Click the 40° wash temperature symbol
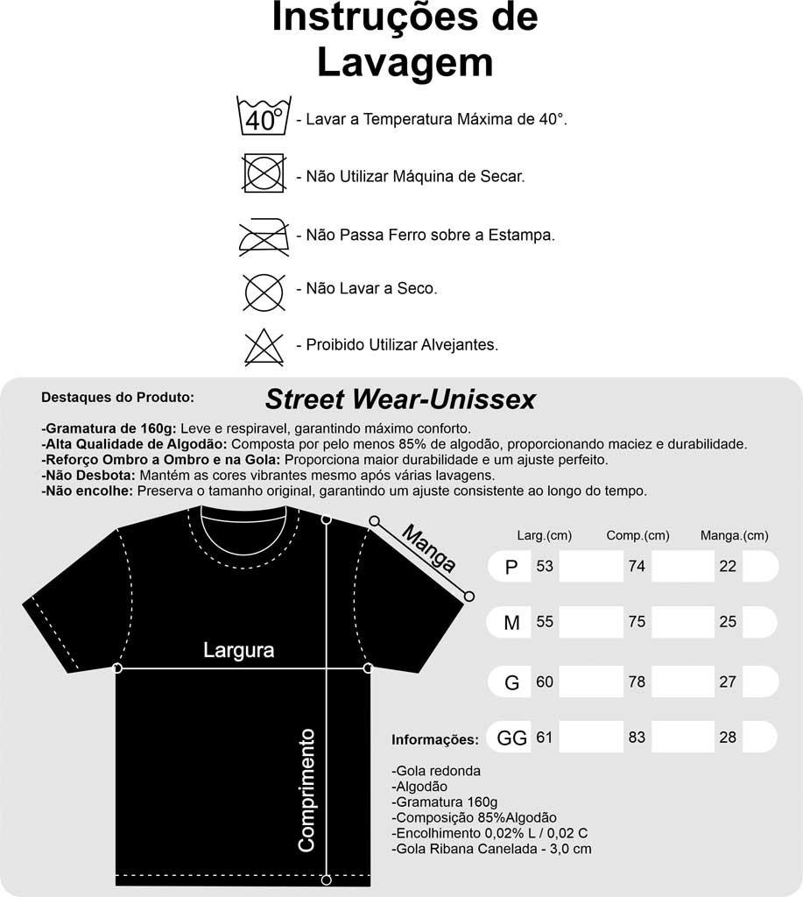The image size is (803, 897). coord(264,117)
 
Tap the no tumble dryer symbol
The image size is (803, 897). coord(264,173)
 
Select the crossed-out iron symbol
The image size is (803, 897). coord(264,234)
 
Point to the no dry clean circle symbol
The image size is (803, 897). coord(264,291)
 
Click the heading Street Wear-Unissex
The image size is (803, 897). coord(400,400)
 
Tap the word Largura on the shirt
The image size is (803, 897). coord(238,650)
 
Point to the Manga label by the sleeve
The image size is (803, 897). coord(429,547)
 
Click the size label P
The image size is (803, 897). coord(512,568)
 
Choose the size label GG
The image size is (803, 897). coord(511,738)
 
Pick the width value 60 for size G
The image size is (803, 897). coord(545,682)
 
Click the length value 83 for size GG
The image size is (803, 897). coord(637,738)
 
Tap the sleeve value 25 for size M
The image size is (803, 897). coord(728,622)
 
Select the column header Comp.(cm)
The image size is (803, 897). coord(637,535)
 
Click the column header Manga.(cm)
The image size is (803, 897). coord(734,535)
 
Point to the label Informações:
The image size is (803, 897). coord(434,740)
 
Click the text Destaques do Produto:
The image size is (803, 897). coord(117,397)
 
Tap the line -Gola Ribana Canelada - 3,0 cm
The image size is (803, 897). coord(491,848)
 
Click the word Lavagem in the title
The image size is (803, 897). coord(404,63)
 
